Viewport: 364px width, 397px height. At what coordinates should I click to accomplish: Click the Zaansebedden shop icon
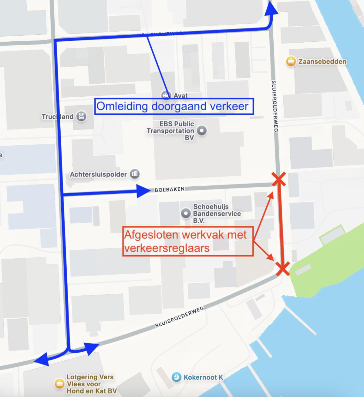click(x=291, y=61)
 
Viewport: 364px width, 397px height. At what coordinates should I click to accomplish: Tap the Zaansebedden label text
click(x=322, y=61)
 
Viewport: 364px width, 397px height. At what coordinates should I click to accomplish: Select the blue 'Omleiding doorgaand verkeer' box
click(x=174, y=106)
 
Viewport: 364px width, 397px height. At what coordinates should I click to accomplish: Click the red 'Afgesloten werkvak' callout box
click(x=188, y=241)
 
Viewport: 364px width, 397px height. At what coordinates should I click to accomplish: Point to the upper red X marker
click(x=279, y=179)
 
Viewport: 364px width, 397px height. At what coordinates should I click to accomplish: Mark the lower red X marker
click(x=282, y=268)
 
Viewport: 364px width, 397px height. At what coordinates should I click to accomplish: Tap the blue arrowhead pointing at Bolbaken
click(x=143, y=191)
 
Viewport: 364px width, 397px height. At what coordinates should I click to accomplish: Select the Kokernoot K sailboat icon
click(x=176, y=377)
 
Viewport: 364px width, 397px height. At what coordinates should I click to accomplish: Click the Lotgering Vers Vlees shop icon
click(x=59, y=384)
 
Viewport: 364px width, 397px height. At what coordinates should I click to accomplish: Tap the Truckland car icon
click(x=81, y=116)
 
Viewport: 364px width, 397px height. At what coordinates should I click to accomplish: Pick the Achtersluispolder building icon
click(x=134, y=174)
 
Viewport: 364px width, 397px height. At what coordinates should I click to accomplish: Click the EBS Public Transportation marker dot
click(x=202, y=131)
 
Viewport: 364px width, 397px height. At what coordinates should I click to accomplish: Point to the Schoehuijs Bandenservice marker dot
click(x=185, y=213)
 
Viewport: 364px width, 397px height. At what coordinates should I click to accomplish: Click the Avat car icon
click(x=166, y=95)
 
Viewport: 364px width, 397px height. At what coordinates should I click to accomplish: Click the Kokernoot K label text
click(x=203, y=377)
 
